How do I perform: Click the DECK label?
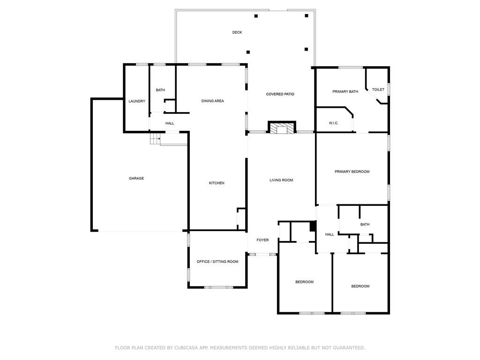pos(237,32)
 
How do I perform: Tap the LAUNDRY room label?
pos(137,101)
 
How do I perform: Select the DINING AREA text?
pos(212,101)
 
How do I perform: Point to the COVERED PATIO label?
pos(280,94)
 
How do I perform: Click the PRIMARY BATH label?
pos(345,91)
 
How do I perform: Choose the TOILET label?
pos(378,90)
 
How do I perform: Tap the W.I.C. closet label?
pos(333,123)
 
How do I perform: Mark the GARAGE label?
pos(136,178)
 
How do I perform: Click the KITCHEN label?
pos(217,183)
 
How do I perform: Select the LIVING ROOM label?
pos(281,180)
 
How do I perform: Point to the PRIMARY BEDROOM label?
pos(352,172)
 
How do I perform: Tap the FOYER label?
pos(262,240)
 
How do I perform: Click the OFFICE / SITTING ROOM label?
pos(217,262)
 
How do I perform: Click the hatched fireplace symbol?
pos(282,128)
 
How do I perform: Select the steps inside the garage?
pos(155,139)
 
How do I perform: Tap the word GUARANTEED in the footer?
pos(347,348)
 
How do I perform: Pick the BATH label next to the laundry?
pos(160,90)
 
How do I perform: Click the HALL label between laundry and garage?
pos(170,123)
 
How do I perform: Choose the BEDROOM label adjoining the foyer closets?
pos(304,282)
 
